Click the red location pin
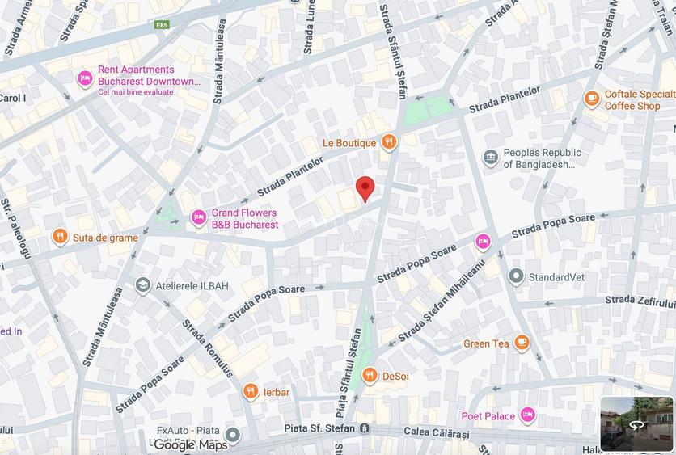pos(365,188)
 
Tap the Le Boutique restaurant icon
pos(389,143)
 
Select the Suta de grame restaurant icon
pos(60,237)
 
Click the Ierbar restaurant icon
pos(251,392)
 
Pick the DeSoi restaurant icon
pos(370,375)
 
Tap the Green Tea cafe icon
pos(522,343)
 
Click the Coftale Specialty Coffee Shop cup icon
pos(592,99)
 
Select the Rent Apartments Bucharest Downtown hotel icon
pos(85,79)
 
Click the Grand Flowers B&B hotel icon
pos(199,217)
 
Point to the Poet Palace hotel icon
pos(528,415)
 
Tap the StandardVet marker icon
pos(516,277)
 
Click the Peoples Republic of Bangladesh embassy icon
pos(490,158)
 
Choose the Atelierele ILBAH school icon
pos(143,284)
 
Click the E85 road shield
pos(163,25)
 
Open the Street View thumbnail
pos(636,423)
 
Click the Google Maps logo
pos(190,444)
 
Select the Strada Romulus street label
pos(208,348)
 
